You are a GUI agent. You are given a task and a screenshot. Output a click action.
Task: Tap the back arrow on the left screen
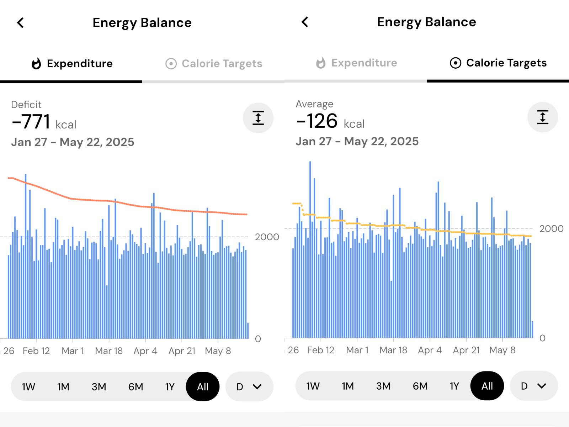(21, 23)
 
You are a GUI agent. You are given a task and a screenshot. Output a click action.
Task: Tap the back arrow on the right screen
(305, 22)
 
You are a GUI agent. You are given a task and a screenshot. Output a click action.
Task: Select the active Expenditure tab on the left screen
(72, 64)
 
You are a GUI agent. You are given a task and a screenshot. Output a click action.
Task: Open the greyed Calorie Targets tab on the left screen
(214, 64)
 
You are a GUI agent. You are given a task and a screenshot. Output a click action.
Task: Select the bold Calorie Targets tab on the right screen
(498, 63)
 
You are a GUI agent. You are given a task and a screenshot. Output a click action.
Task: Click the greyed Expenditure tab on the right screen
(357, 63)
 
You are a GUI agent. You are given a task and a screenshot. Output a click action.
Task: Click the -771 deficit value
(32, 122)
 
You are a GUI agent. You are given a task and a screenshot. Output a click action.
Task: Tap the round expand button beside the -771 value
(258, 118)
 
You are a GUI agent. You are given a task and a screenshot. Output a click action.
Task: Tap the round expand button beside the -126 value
(543, 117)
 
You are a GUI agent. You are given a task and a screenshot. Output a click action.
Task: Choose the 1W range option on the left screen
(28, 387)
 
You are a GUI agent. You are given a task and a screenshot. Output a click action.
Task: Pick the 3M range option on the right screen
(383, 386)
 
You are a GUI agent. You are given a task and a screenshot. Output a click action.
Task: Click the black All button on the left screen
(203, 387)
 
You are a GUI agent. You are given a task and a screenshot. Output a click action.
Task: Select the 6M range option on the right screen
(420, 386)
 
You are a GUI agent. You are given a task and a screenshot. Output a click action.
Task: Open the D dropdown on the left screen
(249, 387)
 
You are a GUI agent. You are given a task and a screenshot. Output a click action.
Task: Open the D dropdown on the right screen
(533, 386)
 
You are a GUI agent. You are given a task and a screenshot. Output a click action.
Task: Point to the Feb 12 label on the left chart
(36, 351)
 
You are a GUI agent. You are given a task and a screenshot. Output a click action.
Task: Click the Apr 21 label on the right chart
(466, 350)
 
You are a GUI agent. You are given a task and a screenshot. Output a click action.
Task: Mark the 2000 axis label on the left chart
(267, 237)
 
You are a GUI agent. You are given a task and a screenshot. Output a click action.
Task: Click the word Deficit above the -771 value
(26, 105)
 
